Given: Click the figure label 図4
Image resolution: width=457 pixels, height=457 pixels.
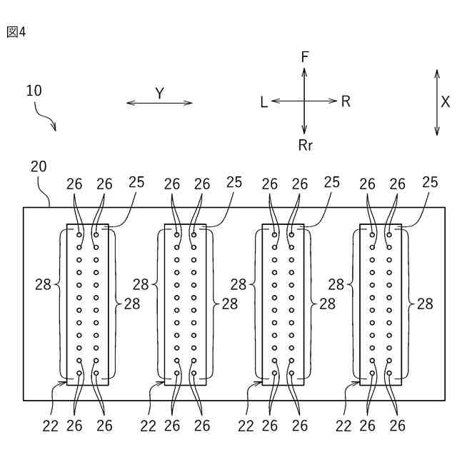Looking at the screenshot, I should click(x=16, y=33).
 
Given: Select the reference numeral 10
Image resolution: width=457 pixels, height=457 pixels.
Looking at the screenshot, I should click(x=34, y=91).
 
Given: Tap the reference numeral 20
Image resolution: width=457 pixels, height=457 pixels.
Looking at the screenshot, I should click(x=39, y=166).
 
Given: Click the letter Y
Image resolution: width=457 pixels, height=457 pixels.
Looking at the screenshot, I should click(x=159, y=92).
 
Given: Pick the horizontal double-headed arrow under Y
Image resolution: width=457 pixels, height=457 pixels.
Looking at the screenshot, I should click(x=159, y=103).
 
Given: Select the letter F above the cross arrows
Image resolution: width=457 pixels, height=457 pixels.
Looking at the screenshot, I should click(x=305, y=56).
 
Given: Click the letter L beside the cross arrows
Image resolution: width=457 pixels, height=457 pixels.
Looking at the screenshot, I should click(x=263, y=102).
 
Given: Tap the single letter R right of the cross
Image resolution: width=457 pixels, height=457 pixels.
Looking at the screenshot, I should click(x=346, y=101).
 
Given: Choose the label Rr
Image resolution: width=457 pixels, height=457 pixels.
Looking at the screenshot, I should click(x=306, y=145).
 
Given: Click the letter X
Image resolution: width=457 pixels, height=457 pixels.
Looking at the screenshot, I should click(x=445, y=101).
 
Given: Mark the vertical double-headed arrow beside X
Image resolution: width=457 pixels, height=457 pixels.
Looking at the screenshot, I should click(x=436, y=101).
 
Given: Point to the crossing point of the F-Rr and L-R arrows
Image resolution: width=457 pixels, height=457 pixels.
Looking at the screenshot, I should click(x=305, y=101).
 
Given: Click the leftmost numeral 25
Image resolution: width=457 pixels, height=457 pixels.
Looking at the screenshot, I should click(x=136, y=182).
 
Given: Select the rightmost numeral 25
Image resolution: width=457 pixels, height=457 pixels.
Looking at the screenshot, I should click(x=429, y=182).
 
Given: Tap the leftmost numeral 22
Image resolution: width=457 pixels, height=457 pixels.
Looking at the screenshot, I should click(x=50, y=426).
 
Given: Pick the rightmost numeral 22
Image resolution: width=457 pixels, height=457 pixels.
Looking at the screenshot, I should click(x=343, y=426).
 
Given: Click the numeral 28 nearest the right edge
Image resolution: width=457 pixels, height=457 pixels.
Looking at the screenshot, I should click(x=425, y=303).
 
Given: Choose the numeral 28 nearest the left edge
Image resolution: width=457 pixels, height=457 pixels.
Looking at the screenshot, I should click(x=43, y=284).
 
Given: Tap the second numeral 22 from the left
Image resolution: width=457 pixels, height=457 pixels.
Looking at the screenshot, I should click(x=148, y=426).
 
